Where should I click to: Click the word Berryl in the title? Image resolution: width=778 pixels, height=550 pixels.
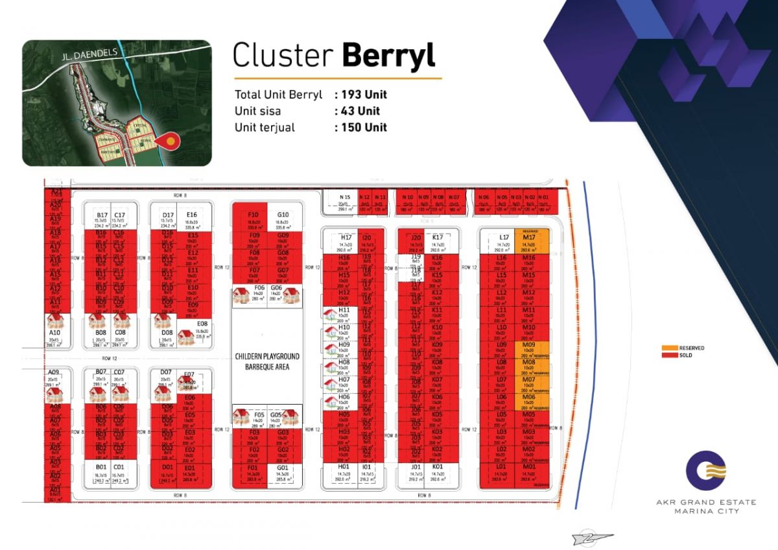pos(388,56)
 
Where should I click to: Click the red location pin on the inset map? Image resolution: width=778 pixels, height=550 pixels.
pos(170,140)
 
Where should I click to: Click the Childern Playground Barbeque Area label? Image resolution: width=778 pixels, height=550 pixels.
pos(267,361)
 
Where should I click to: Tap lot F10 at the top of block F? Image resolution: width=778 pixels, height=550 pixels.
pos(253,220)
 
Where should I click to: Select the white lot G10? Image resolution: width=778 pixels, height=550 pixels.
pos(283,220)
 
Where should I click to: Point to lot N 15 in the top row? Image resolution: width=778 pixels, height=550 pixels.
pos(344,202)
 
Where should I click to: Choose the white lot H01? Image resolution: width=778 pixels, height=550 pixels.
pos(344,472)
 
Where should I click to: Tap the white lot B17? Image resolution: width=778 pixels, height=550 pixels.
pos(102,220)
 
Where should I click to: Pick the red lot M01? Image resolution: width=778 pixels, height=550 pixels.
pos(529,472)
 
